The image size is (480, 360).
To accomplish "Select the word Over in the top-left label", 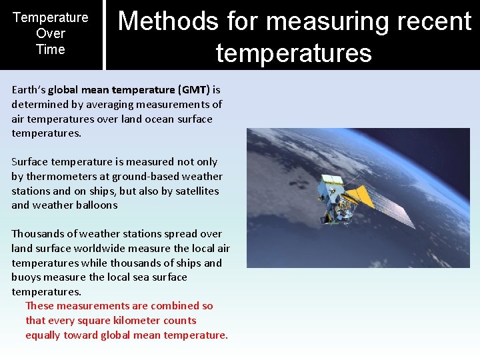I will [51, 33].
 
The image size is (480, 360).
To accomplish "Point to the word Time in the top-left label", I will [51, 49].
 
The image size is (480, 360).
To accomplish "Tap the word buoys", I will [26, 277].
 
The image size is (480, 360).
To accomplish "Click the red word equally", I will [43, 335].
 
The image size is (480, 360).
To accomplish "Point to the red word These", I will [39, 306].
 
